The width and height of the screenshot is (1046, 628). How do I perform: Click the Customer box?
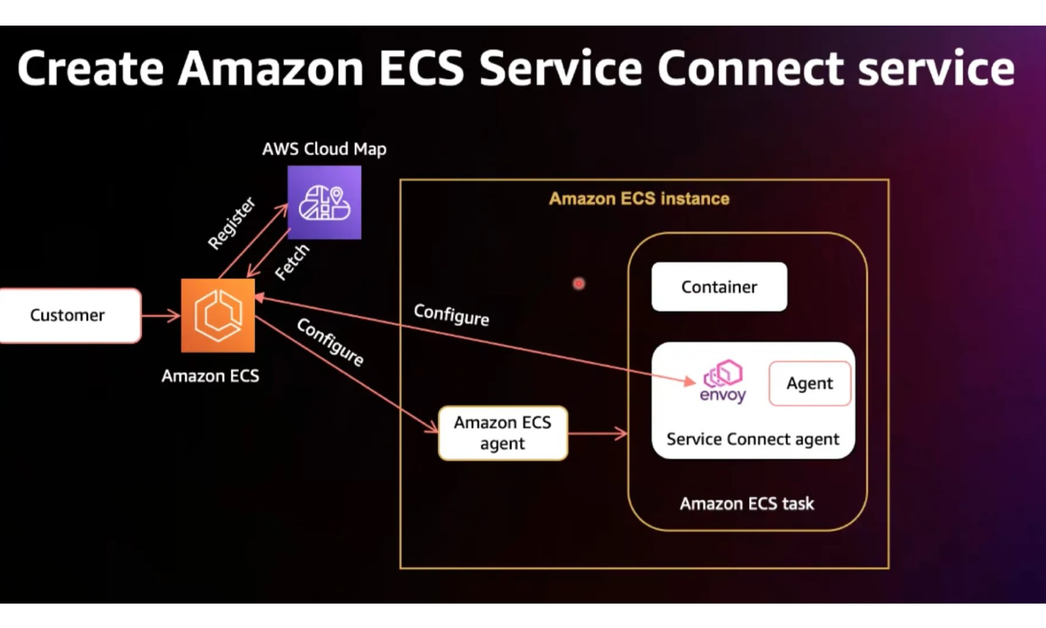69,315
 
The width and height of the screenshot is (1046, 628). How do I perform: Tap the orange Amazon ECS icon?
218,315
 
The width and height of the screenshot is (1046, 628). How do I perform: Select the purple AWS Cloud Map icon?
324,202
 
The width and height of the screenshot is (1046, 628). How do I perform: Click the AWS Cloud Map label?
324,149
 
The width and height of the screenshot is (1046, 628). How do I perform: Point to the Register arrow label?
232,224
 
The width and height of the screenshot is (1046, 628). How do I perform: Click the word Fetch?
292,262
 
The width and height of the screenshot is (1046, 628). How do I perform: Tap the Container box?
719,287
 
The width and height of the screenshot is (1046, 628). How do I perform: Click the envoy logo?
722,382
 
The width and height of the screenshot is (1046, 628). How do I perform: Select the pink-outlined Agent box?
809,383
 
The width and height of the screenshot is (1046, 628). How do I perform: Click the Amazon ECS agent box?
503,433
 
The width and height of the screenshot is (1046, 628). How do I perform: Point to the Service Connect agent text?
753,439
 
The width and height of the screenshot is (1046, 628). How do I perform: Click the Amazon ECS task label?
747,504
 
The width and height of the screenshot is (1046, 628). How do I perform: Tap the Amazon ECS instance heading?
639,199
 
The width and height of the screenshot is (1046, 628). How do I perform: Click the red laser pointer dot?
579,284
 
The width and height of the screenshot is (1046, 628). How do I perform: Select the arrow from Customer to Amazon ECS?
161,316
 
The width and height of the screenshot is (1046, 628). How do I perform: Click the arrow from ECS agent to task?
597,433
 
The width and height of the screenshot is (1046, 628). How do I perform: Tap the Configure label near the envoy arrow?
452,315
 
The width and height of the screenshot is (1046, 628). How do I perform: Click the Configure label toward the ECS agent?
330,342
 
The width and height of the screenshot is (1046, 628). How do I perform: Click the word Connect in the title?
750,69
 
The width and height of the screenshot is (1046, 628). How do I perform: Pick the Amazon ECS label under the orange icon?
210,376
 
